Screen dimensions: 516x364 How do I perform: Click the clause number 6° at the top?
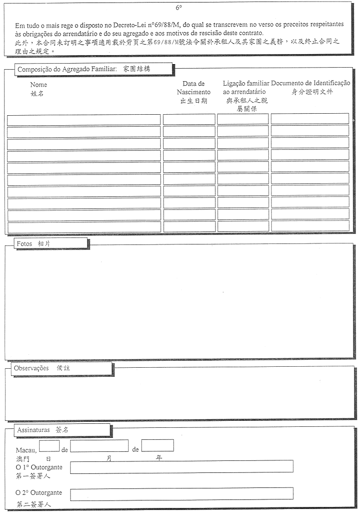179,8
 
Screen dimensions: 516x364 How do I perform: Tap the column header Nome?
39,85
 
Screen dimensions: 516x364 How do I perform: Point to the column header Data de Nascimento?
194,88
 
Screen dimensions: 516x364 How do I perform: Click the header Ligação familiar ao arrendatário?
246,88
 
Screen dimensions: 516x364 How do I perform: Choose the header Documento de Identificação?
311,83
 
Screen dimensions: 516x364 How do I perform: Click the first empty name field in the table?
84,120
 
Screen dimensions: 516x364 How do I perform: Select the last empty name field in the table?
84,227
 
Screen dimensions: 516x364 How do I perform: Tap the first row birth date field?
189,119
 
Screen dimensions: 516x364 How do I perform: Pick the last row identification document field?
310,226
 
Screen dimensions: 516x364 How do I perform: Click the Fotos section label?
25,243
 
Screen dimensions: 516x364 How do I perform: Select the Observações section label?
32,368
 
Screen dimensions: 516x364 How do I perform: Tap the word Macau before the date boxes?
26,450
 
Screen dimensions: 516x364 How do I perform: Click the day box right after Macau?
49,445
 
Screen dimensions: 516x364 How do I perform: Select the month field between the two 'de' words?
99,445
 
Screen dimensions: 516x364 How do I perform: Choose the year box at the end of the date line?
157,445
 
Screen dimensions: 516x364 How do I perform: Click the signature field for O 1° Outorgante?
181,467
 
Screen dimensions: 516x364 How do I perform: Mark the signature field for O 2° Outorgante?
181,494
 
